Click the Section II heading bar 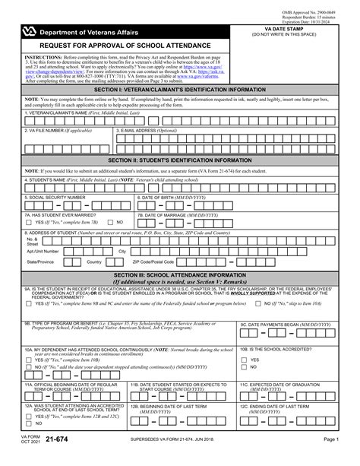180,160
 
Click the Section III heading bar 180,276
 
